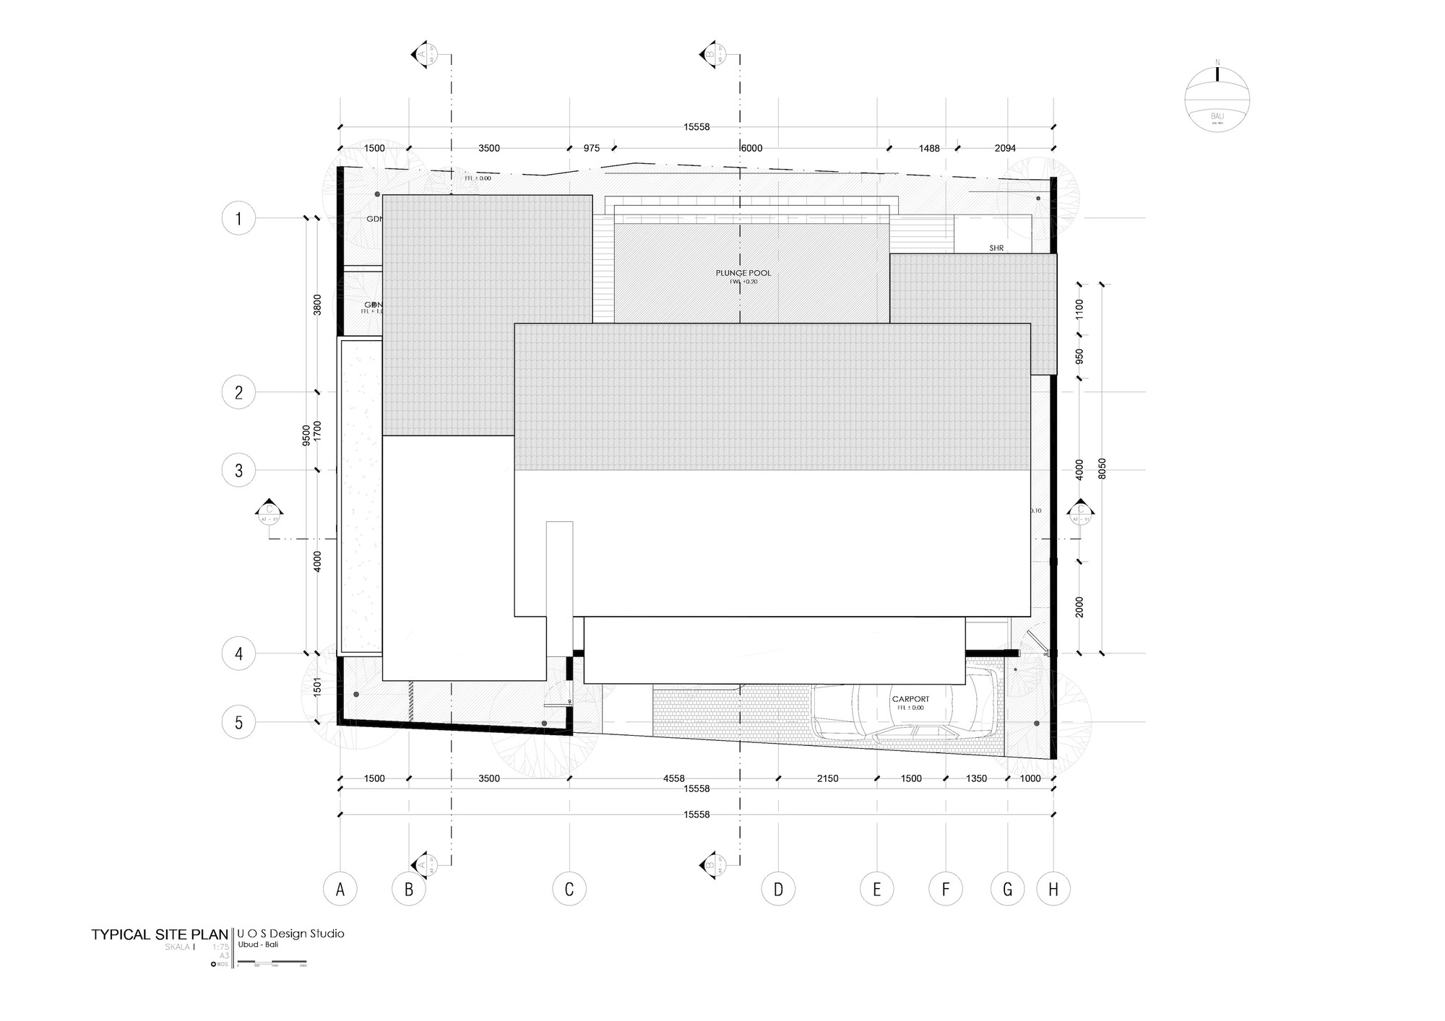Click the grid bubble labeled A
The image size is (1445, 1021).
click(340, 890)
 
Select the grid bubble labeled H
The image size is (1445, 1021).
click(1053, 890)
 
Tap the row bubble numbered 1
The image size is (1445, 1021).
click(238, 218)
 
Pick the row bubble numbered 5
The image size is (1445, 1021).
click(238, 722)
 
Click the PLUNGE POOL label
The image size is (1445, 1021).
click(743, 273)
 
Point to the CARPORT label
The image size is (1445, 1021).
click(910, 699)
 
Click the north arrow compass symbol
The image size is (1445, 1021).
click(1217, 99)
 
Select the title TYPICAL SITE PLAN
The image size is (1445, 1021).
click(160, 934)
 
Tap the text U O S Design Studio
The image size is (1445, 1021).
click(290, 934)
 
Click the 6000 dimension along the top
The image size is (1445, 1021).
click(751, 148)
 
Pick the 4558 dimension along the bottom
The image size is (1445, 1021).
click(673, 778)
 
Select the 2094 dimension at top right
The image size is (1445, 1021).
click(1005, 148)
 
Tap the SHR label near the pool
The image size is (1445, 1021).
click(996, 248)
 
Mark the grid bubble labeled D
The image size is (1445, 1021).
click(778, 890)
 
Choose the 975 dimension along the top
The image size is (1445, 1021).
click(592, 148)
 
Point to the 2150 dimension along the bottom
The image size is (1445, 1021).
click(827, 778)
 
